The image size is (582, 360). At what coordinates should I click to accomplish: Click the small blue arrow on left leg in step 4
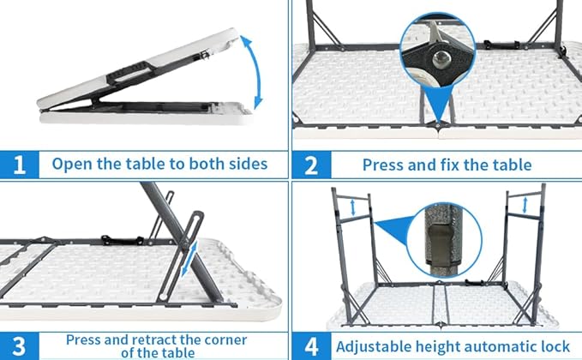tap(351, 206)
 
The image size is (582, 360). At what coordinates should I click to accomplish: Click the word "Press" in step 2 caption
tap(385, 165)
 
